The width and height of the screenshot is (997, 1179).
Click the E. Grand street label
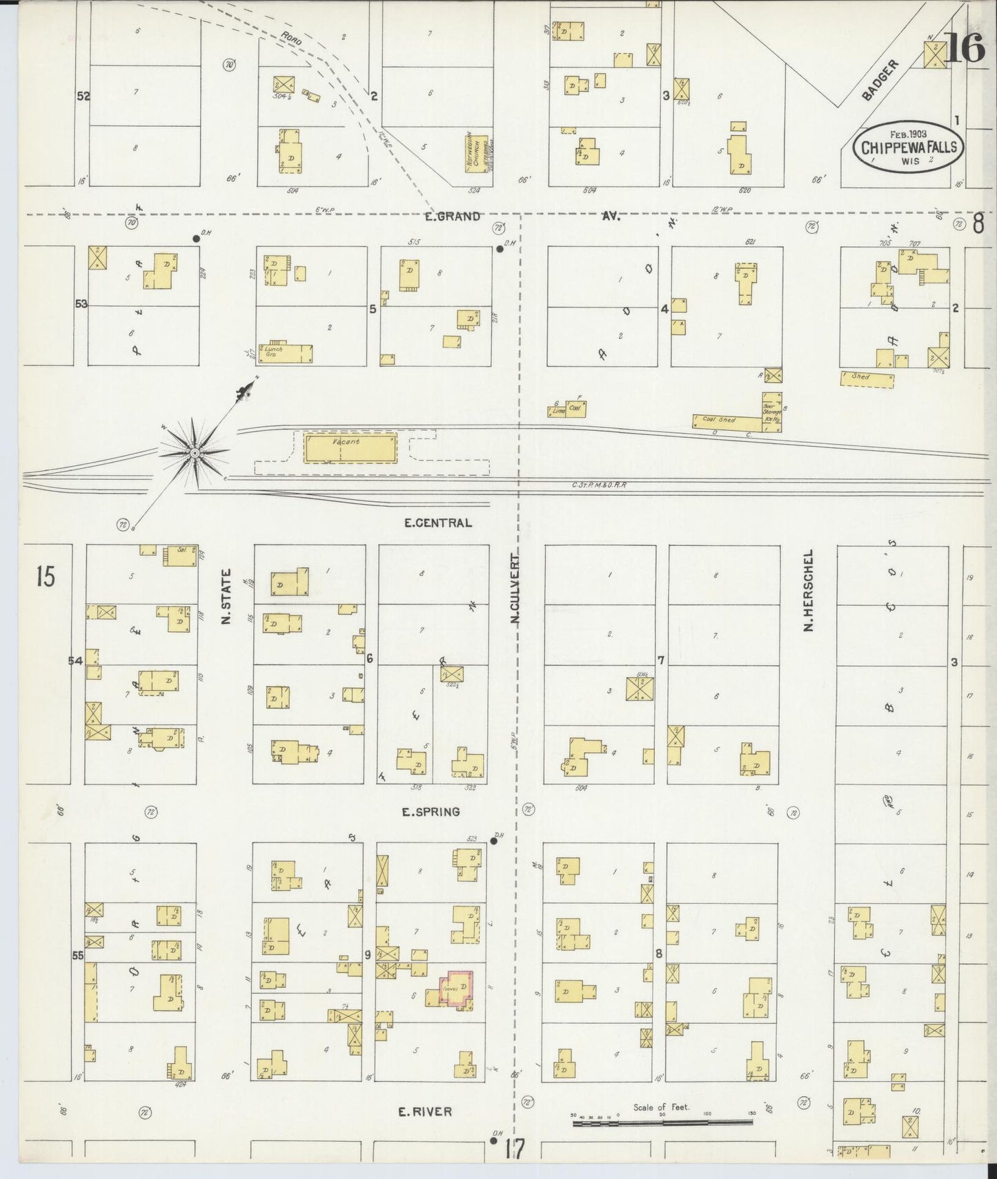(x=453, y=216)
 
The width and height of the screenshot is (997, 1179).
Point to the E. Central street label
(x=437, y=523)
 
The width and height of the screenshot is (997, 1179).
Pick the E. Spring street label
(x=431, y=812)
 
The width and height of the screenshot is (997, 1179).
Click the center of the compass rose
(x=195, y=452)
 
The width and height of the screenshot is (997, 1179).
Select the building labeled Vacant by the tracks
(x=351, y=448)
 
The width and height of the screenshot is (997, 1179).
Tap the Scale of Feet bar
(x=664, y=1124)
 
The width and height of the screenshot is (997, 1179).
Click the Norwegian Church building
(x=477, y=153)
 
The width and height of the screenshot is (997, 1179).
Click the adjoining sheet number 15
(x=45, y=576)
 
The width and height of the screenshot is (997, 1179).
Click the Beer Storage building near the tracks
(x=771, y=412)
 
